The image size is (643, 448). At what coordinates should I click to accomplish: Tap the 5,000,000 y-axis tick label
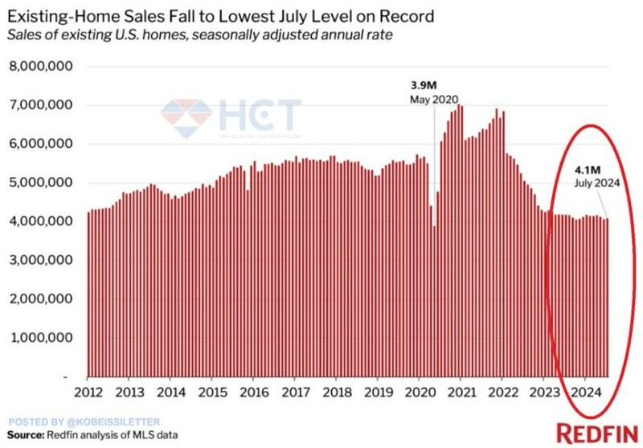[x=40, y=183]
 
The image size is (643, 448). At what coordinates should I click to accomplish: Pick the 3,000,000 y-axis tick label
[x=40, y=260]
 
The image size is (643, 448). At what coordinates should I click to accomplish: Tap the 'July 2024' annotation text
[x=595, y=183]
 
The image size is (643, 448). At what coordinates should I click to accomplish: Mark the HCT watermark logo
[x=231, y=114]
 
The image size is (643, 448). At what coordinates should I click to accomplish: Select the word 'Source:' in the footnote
[x=28, y=435]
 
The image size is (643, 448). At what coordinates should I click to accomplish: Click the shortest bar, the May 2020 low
[x=435, y=301]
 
